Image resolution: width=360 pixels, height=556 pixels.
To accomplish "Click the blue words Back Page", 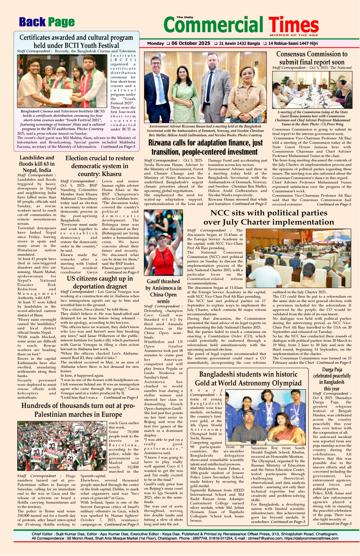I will click(47, 22).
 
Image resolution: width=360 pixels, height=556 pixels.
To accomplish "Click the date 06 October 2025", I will click(191, 43).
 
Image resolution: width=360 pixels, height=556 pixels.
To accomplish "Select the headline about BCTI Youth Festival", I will click(76, 42).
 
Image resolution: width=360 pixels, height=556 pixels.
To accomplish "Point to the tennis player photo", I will click(163, 243).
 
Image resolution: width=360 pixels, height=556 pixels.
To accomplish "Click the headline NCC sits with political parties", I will click(269, 218).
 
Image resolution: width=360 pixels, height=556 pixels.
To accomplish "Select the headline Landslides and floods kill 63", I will click(37, 164).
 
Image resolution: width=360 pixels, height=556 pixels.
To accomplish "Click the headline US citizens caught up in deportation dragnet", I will click(100, 282).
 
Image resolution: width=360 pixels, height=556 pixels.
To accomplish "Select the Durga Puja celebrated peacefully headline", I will click(332, 379).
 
